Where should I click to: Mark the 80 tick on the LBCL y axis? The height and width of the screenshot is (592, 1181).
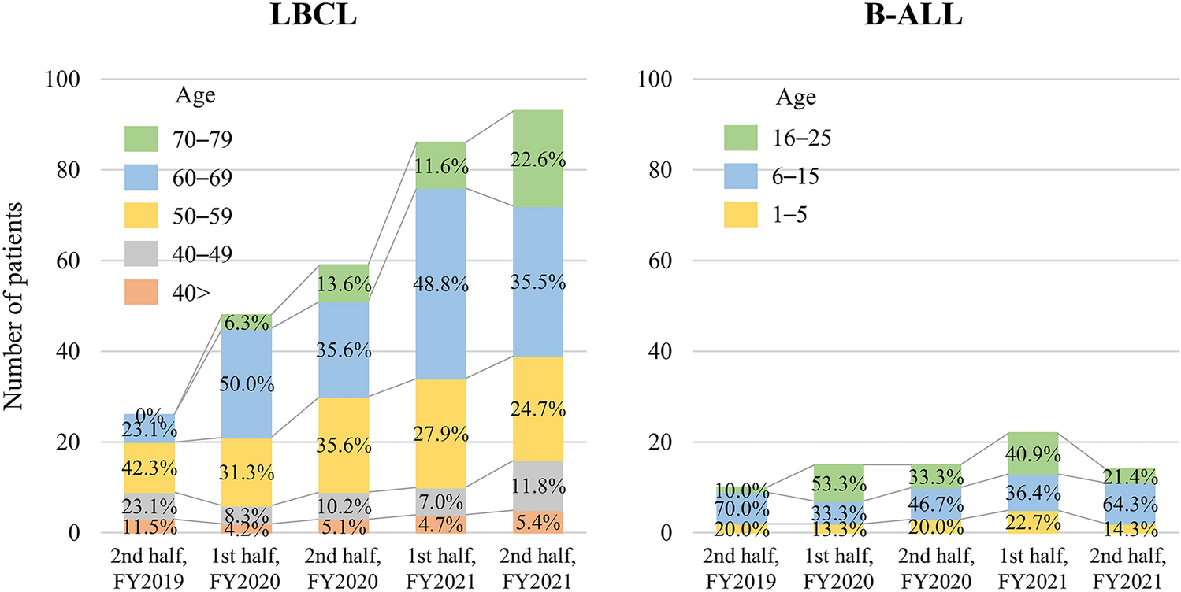(67, 170)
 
